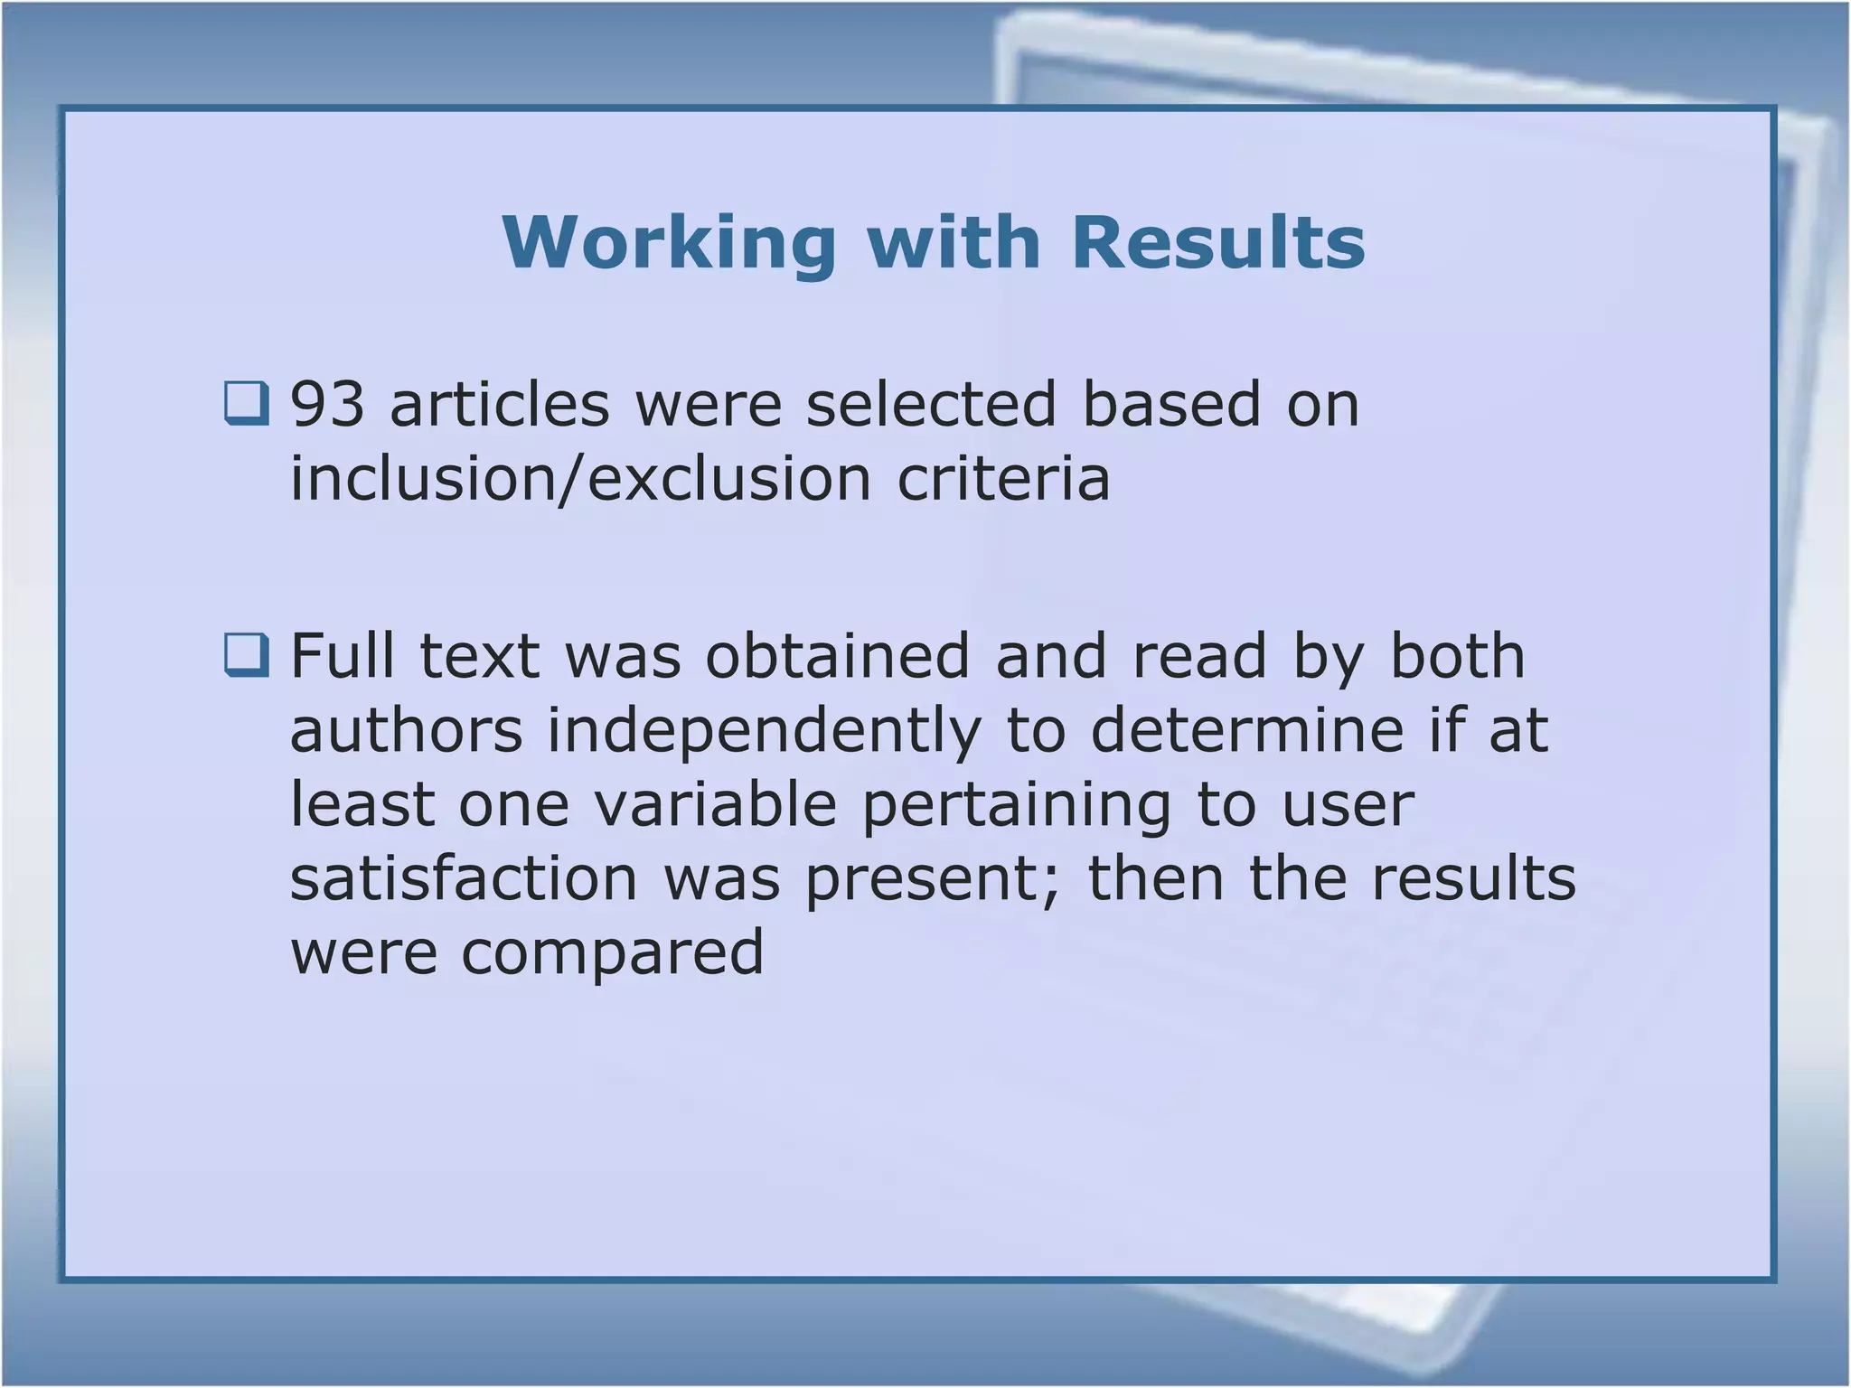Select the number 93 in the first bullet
click(x=327, y=404)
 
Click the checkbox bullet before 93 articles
click(x=246, y=403)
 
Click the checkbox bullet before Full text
click(x=246, y=655)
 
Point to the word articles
click(x=500, y=404)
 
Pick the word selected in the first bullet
click(x=931, y=404)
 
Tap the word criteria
click(x=1003, y=478)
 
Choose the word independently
click(x=764, y=732)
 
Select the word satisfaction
click(x=464, y=878)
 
